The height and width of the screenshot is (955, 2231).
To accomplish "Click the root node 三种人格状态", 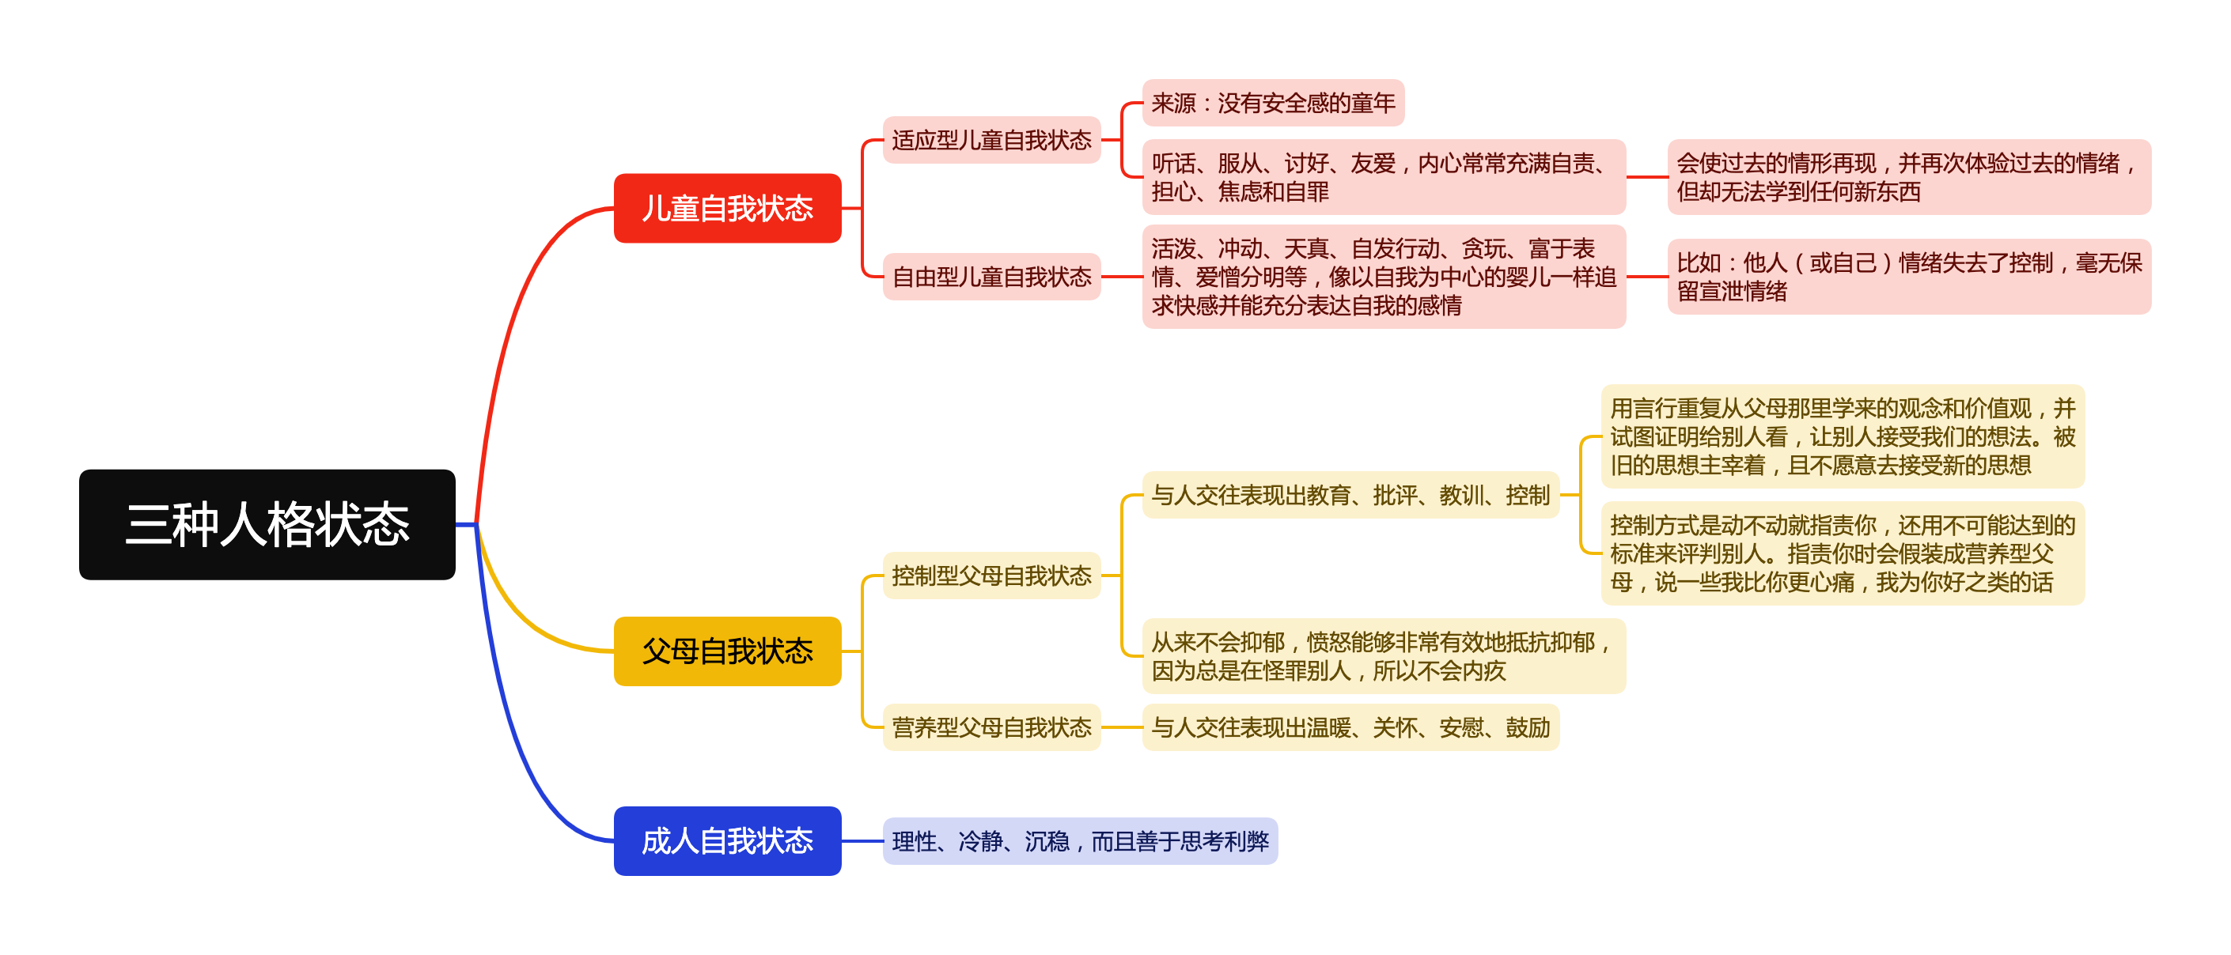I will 267,524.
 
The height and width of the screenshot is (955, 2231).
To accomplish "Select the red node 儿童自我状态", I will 726,208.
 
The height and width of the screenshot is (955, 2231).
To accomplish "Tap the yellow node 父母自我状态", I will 726,651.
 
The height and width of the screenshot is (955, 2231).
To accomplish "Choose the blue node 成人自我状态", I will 726,840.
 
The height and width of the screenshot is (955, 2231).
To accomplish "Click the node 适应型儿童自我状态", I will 991,139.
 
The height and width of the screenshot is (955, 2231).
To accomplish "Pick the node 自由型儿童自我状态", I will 991,276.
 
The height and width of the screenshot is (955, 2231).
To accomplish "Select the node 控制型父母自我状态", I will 991,575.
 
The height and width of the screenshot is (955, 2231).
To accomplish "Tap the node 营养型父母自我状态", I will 991,727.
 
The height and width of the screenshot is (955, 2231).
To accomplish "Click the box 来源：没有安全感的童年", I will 1272,103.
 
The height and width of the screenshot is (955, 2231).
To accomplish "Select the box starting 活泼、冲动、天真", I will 1383,276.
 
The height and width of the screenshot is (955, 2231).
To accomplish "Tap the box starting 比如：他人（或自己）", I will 1908,276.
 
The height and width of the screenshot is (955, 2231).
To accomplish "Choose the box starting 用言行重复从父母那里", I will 1842,436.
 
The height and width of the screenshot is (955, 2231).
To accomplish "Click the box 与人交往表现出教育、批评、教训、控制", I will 1350,495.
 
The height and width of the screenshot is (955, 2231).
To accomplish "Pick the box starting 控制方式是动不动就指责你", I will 1842,553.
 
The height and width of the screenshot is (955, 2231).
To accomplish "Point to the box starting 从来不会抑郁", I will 1383,656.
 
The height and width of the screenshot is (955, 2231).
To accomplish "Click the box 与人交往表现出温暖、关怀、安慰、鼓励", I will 1350,727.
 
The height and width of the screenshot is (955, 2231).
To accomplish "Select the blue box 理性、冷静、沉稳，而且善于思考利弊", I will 1079,840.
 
